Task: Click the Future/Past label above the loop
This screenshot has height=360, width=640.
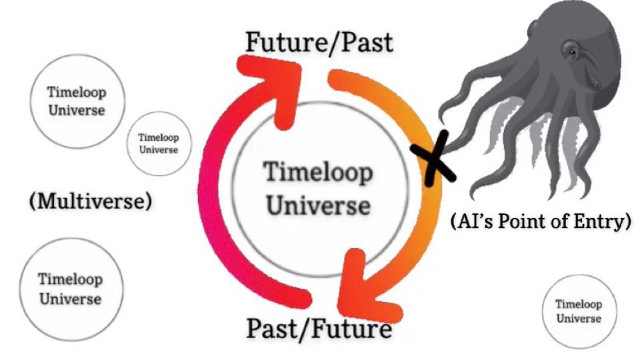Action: pyautogui.click(x=319, y=42)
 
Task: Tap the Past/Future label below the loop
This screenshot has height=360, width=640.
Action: pyautogui.click(x=319, y=328)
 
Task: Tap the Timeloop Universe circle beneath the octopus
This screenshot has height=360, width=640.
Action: pyautogui.click(x=578, y=311)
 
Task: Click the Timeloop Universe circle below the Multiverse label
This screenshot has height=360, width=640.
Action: pyautogui.click(x=69, y=289)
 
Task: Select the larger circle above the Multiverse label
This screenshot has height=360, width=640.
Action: pyautogui.click(x=77, y=101)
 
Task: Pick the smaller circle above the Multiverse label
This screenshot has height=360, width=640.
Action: pyautogui.click(x=158, y=143)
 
